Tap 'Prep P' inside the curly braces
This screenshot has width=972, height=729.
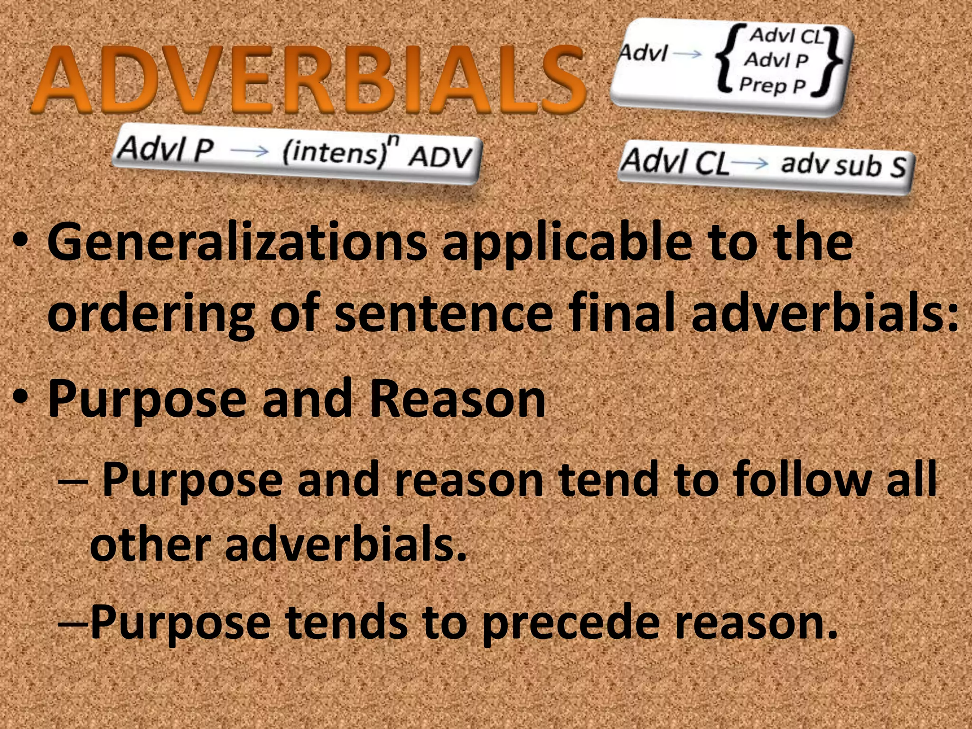coord(773,85)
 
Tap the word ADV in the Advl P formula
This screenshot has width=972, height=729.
coord(440,157)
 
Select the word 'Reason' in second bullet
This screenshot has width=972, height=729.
coord(458,399)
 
